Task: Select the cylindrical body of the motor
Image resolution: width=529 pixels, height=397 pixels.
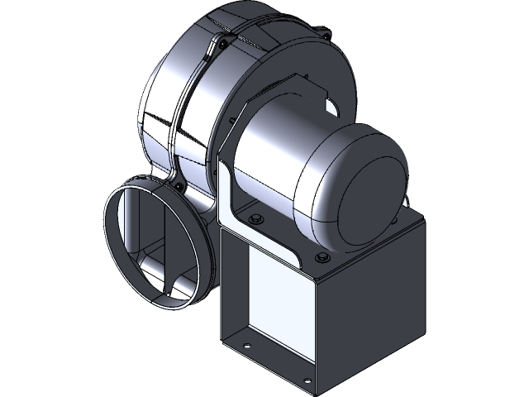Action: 273,165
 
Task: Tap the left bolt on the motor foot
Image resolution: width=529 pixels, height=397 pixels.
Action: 255,218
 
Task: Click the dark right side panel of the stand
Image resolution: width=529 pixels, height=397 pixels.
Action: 372,306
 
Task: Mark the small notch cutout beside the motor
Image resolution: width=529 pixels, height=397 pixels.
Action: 331,106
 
